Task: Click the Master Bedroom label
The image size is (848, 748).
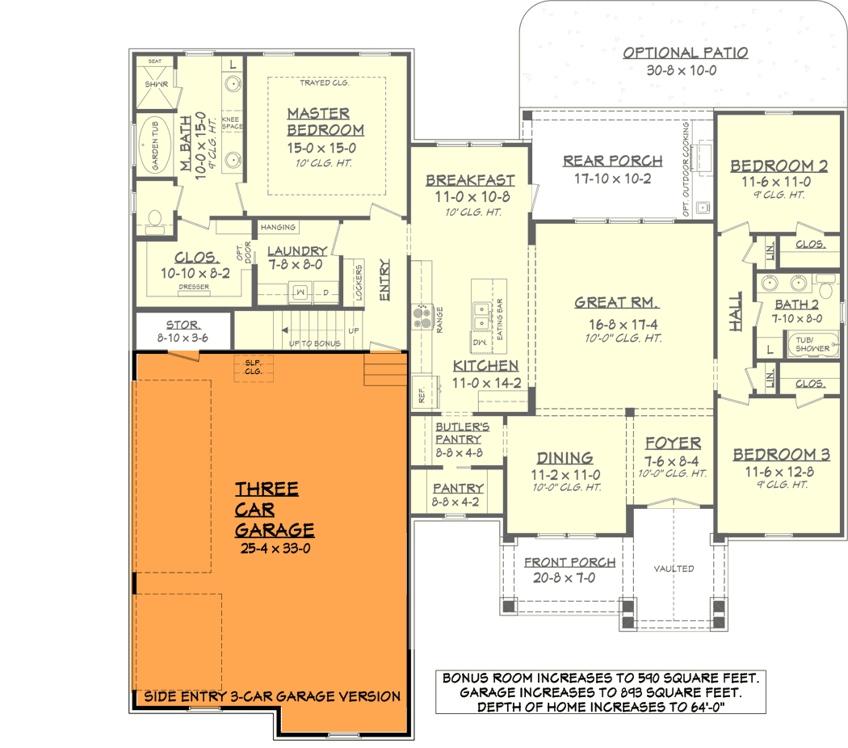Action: coord(325,122)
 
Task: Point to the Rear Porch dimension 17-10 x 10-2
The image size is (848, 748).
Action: coord(613,179)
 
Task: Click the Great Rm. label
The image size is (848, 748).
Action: coord(616,303)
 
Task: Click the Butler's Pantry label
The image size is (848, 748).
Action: coord(461,433)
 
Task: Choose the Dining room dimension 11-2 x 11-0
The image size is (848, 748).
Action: coord(565,475)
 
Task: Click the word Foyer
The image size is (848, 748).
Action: coord(673,443)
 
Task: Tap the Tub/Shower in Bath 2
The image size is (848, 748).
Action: coord(812,344)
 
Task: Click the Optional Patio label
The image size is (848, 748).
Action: coord(685,53)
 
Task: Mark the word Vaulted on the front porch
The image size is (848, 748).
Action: coord(674,569)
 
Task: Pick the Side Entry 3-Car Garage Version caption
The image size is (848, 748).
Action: coord(272,696)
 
